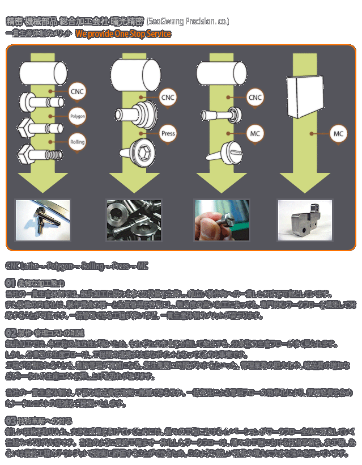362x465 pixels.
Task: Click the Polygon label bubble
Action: point(77,116)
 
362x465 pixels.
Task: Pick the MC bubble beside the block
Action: point(339,134)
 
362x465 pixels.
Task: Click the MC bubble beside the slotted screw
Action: point(255,134)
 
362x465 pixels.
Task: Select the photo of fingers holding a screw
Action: point(222,219)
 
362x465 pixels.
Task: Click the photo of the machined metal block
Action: point(305,219)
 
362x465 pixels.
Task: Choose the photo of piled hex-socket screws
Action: point(134,219)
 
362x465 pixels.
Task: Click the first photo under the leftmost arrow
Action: point(42,219)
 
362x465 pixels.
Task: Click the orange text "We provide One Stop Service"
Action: point(123,34)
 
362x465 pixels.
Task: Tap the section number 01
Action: point(11,282)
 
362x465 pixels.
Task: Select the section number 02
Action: point(11,332)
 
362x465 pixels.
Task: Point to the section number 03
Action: point(11,421)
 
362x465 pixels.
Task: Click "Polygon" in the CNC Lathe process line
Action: point(59,266)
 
